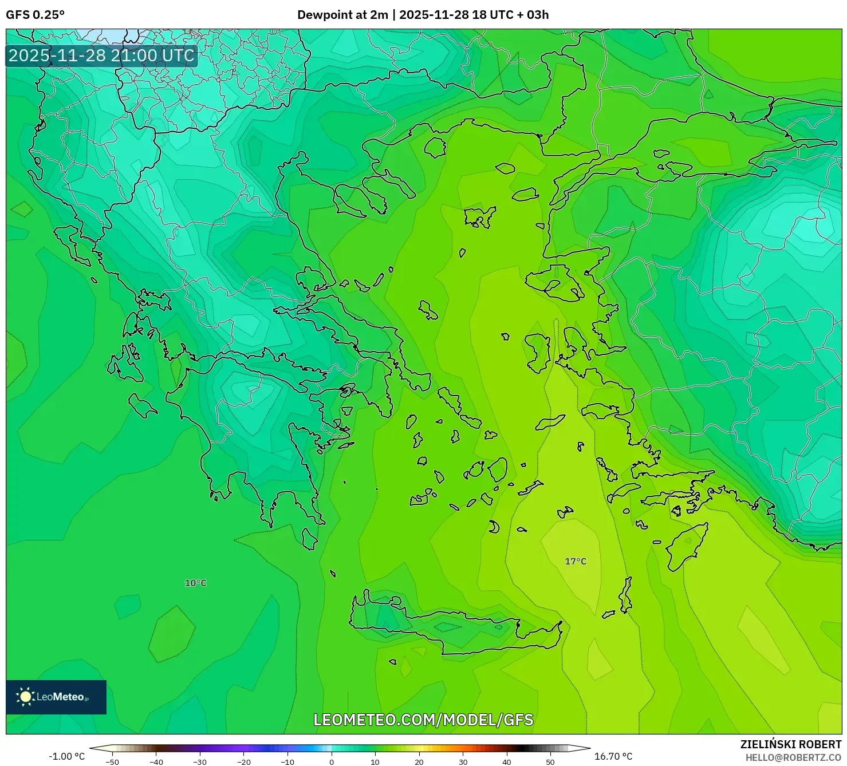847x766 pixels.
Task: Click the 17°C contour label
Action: click(x=576, y=561)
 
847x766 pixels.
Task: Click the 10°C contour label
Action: click(x=195, y=583)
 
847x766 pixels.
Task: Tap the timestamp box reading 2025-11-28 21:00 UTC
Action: click(x=101, y=56)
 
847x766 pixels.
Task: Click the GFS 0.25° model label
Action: click(x=35, y=15)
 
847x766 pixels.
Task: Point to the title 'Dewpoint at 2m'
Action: click(x=342, y=15)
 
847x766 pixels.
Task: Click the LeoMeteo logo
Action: click(x=56, y=697)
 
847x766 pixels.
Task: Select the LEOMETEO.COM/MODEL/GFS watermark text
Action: click(x=423, y=720)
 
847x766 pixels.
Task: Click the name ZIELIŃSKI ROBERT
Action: click(x=790, y=744)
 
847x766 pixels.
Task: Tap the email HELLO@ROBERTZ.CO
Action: click(x=793, y=757)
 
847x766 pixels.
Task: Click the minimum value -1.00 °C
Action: click(x=66, y=756)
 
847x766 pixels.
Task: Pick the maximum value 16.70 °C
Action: click(x=613, y=756)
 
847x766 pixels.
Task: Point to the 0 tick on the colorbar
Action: click(x=332, y=761)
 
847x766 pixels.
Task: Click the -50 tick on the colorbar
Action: click(x=112, y=761)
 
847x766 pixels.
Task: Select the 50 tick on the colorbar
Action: click(x=550, y=761)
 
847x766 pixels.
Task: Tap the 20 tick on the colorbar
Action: click(x=419, y=761)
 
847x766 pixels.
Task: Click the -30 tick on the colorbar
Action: click(x=200, y=761)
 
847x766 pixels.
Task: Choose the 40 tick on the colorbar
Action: click(x=507, y=761)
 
